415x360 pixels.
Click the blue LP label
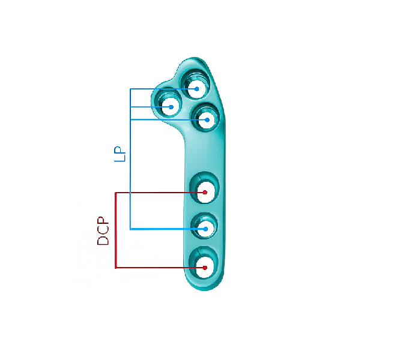(120, 154)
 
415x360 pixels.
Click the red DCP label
(103, 231)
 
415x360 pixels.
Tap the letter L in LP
(120, 158)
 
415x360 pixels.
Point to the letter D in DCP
(103, 241)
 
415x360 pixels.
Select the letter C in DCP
(103, 231)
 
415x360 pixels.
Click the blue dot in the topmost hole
(196, 89)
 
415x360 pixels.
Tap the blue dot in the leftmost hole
(171, 107)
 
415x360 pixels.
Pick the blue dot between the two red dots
(205, 229)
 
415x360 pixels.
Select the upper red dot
(205, 193)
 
